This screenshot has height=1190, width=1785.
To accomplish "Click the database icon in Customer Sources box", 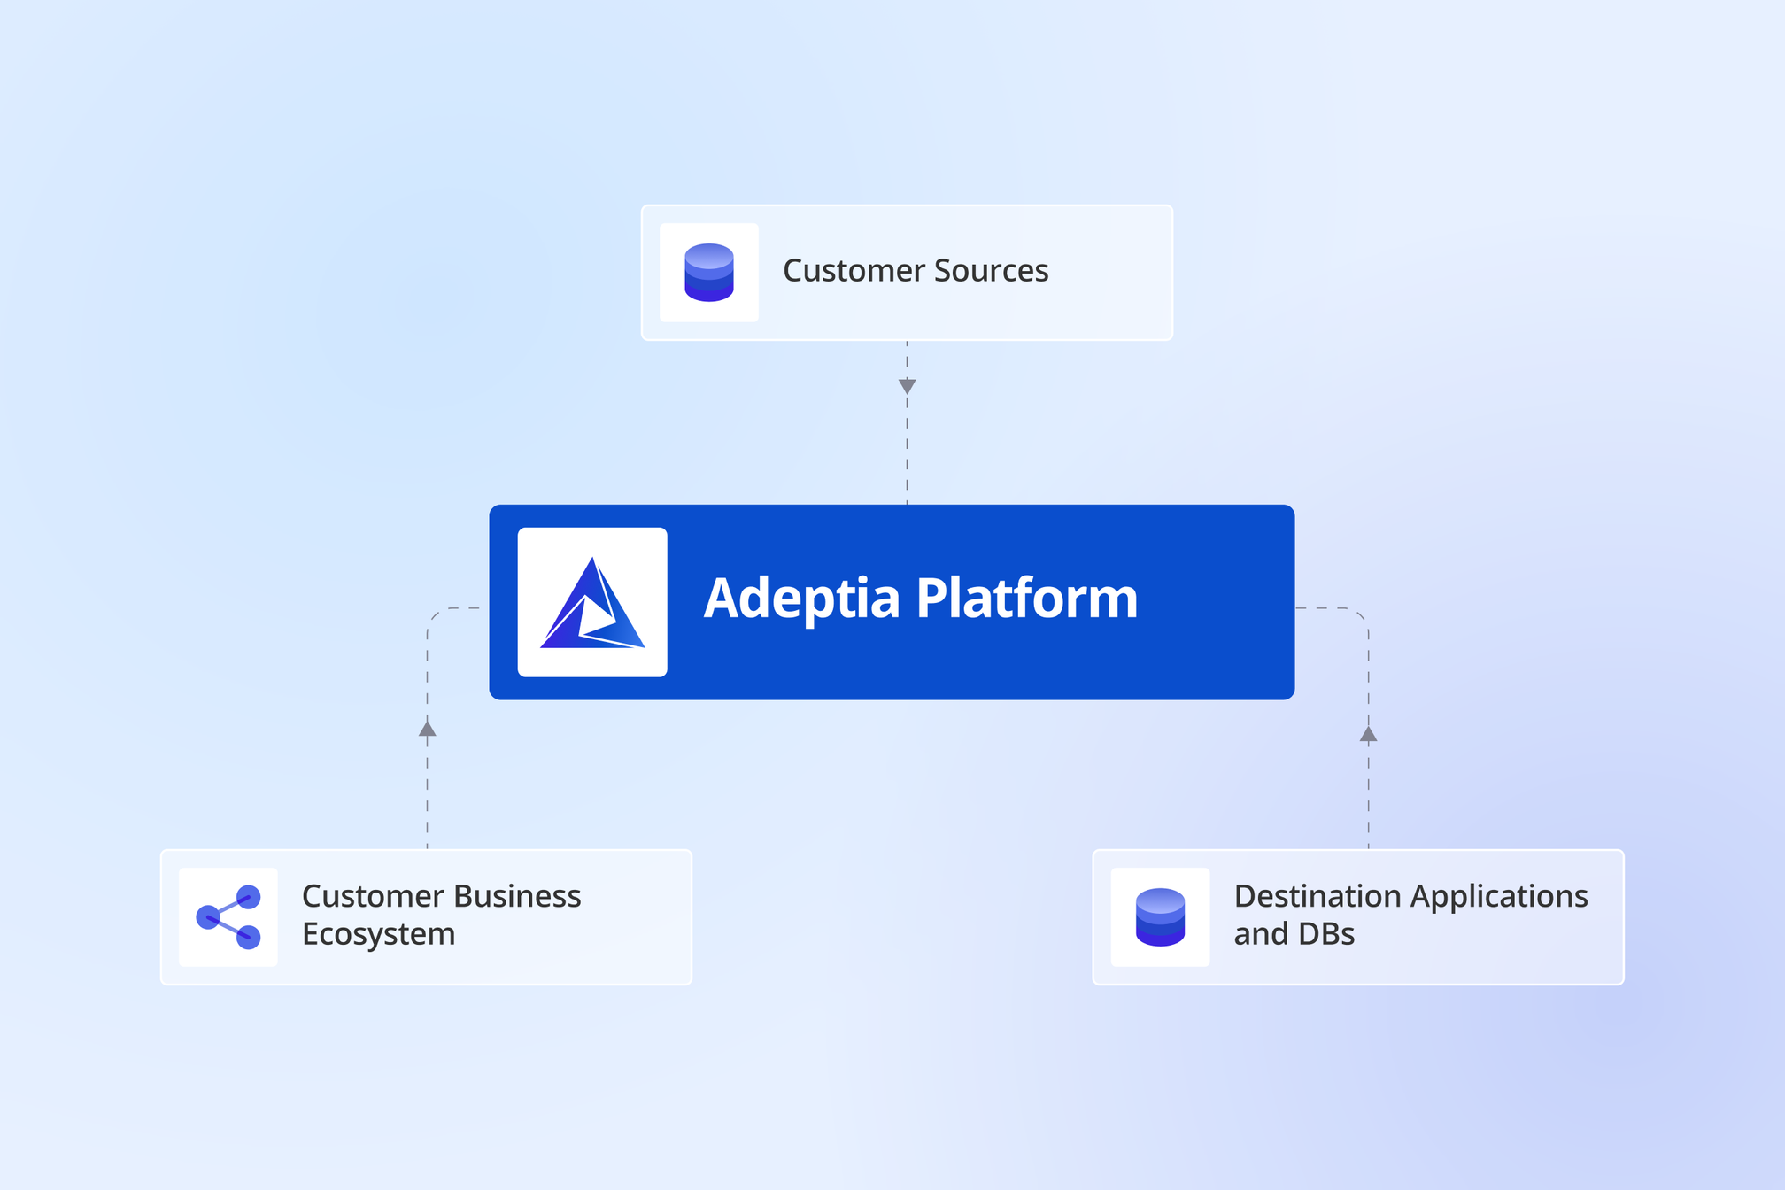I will (709, 272).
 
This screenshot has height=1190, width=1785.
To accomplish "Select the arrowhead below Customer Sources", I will (907, 386).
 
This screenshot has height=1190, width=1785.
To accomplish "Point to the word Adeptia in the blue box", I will (801, 599).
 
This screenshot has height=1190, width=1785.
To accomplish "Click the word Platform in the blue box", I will (1026, 599).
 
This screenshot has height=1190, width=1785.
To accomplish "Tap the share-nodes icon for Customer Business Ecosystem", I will (228, 916).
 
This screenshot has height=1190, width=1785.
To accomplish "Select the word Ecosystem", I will (379, 935).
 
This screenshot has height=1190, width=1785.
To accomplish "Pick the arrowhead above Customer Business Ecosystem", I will (427, 729).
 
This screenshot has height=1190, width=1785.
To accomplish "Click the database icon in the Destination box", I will (1160, 916).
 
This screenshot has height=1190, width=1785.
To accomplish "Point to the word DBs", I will (1328, 934).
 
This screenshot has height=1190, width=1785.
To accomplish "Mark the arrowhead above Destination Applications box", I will (1368, 734).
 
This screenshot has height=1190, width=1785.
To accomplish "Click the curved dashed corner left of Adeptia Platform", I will (434, 614).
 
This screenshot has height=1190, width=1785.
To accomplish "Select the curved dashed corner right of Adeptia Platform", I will (1362, 614).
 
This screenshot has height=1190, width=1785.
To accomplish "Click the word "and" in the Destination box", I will (1259, 934).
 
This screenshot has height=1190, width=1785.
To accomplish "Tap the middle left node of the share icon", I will (207, 916).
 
